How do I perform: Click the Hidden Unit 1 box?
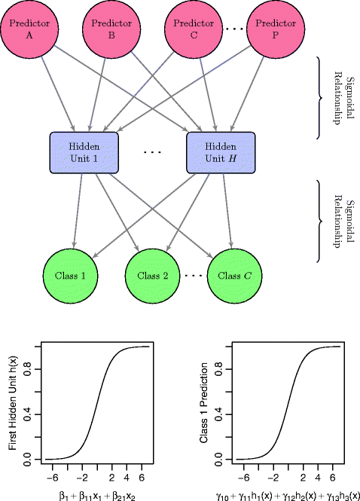(84, 151)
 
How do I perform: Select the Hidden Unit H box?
(221, 151)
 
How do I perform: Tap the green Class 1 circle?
(73, 274)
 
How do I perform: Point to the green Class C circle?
(236, 274)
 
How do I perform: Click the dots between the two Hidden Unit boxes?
(152, 152)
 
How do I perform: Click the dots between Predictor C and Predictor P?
(234, 30)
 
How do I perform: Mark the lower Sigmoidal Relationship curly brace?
(320, 218)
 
